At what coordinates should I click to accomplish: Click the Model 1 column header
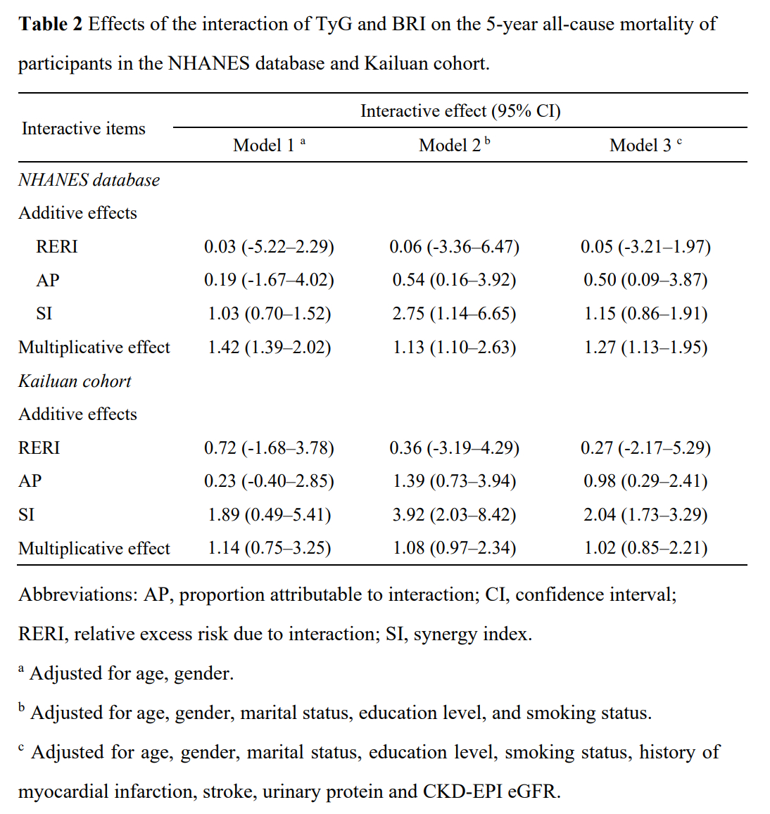pos(269,145)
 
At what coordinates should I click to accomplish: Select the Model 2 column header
pos(454,145)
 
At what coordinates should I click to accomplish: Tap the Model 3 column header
pos(645,145)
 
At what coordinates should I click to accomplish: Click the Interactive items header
pos(84,128)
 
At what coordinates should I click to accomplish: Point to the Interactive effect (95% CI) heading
pos(460,110)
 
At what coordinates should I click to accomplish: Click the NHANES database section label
pos(89,179)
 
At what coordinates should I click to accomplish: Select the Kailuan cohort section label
pos(75,381)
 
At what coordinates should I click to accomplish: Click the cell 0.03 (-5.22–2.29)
pos(269,246)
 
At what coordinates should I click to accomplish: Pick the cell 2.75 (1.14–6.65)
pos(454,313)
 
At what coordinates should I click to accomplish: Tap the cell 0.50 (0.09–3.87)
pos(645,279)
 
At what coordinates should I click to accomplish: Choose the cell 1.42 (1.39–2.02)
pos(269,347)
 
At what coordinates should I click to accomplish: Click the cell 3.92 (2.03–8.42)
pos(454,514)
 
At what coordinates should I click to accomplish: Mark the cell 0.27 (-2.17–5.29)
pos(645,447)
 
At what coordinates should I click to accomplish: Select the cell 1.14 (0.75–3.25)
pos(269,547)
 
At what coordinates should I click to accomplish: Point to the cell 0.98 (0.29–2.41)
pos(645,481)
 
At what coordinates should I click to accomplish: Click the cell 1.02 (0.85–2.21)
pos(645,547)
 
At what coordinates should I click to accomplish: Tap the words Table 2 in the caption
pos(50,24)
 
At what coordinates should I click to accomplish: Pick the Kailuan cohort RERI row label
pos(39,447)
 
